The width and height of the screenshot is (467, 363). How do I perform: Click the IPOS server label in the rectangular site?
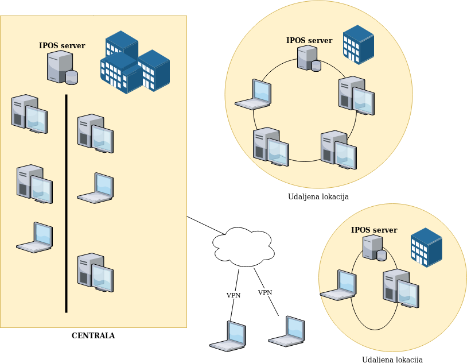click(x=62, y=46)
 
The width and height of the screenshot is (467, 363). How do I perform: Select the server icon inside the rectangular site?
click(x=62, y=67)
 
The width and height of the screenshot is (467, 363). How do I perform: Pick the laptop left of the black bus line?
click(x=35, y=238)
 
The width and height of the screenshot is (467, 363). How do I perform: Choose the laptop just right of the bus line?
click(x=96, y=188)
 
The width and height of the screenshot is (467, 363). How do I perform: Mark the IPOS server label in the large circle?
click(x=309, y=41)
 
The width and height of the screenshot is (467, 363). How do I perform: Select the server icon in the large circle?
click(x=309, y=59)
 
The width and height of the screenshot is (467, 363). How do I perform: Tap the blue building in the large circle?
click(x=359, y=44)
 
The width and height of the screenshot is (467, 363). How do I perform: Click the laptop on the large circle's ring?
click(x=254, y=95)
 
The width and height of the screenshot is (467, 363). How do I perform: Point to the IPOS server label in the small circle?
click(x=374, y=230)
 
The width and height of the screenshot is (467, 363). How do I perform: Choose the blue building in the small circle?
click(x=427, y=247)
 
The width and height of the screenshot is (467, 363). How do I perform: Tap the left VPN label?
click(x=234, y=295)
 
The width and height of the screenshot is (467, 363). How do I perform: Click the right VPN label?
click(x=265, y=292)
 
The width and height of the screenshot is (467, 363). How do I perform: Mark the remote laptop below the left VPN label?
click(x=228, y=336)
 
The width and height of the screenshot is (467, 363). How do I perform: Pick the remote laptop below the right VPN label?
click(x=287, y=331)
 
